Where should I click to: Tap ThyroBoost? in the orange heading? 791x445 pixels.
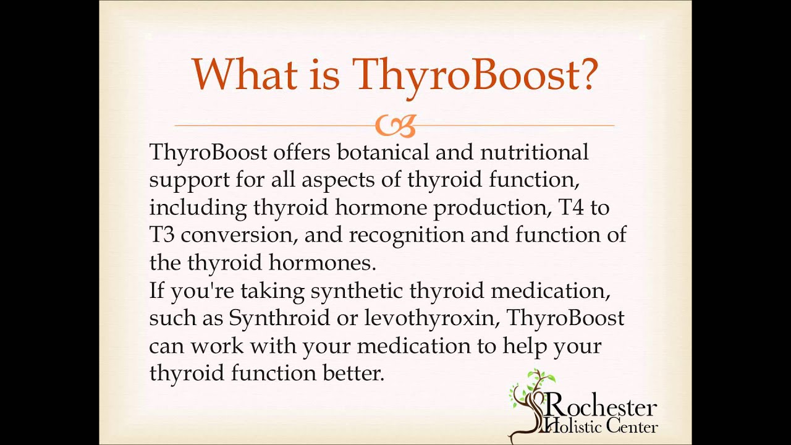475,75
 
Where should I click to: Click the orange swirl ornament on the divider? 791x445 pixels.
395,126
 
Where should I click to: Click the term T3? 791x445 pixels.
162,235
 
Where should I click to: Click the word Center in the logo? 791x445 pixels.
631,426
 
